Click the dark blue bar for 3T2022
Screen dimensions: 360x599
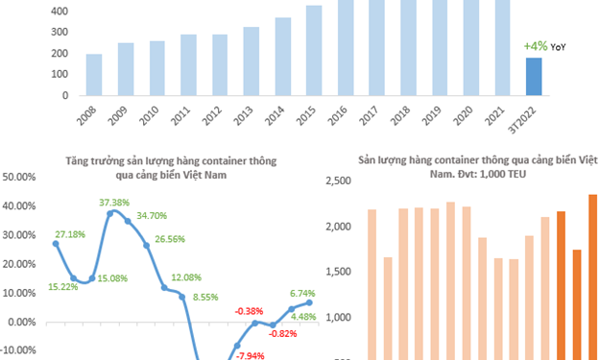533,77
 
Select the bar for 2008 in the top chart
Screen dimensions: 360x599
94,75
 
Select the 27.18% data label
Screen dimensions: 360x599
70,234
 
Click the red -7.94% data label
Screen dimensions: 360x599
250,355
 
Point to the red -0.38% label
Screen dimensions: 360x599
250,311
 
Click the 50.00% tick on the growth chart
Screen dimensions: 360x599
21,178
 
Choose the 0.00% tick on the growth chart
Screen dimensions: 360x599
23,322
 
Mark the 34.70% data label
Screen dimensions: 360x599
152,216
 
